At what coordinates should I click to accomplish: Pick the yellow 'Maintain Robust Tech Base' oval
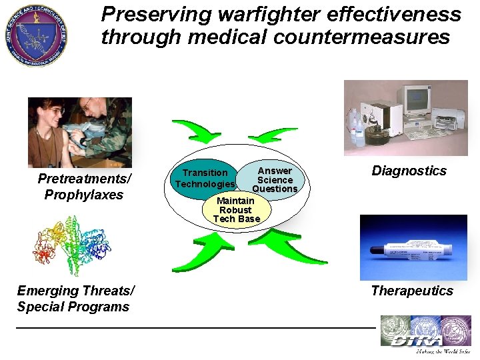click(236, 210)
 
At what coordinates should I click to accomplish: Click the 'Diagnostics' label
click(409, 171)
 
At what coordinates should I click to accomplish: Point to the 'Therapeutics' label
click(411, 291)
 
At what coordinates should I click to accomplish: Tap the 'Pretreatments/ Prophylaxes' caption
click(84, 187)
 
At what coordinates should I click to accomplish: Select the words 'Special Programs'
click(73, 307)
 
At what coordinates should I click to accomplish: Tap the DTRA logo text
click(417, 341)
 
